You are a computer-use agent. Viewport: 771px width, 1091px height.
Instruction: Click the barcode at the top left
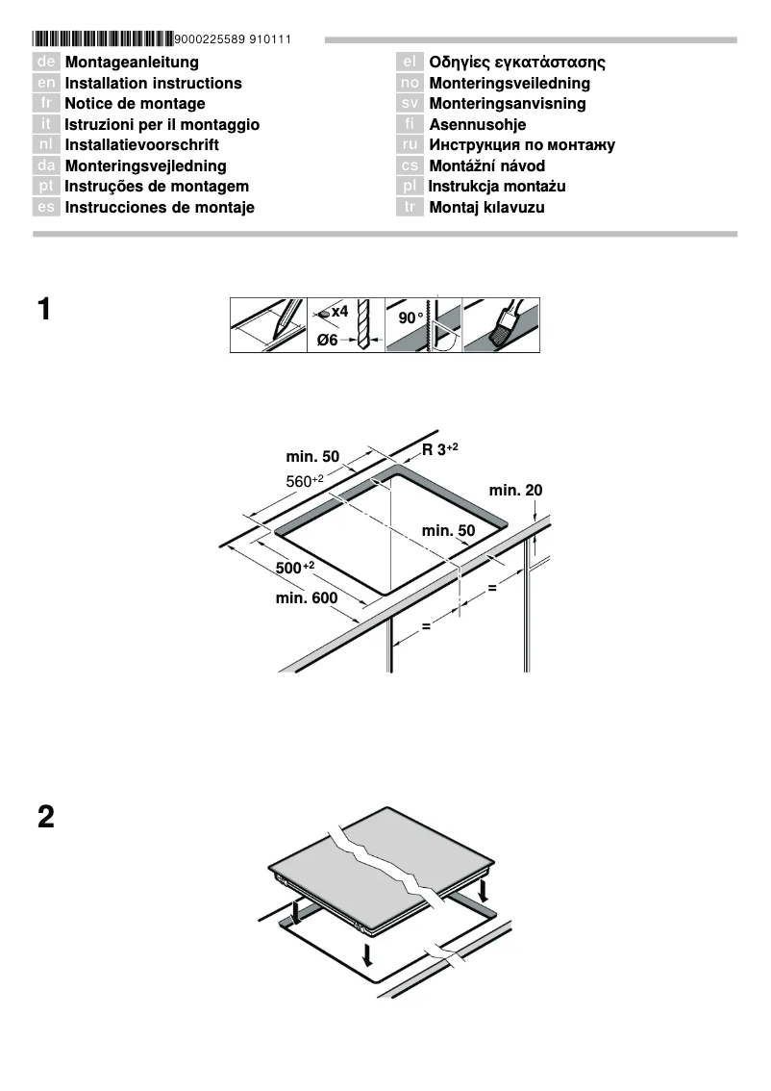(103, 39)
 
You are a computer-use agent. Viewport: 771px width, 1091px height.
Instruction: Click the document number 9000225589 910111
(233, 39)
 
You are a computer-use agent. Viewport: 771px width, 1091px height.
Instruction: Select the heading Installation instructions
(153, 84)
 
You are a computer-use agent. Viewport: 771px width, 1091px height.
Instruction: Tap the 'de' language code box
(46, 63)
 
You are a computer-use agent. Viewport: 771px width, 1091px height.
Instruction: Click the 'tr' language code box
(410, 207)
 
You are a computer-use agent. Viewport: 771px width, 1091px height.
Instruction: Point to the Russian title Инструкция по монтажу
(521, 145)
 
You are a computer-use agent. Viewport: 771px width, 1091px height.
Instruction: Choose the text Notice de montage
(135, 104)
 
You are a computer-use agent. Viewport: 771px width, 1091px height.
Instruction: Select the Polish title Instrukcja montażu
(497, 186)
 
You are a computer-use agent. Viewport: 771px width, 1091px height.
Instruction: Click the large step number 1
(45, 311)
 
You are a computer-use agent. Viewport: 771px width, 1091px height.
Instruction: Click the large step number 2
(45, 818)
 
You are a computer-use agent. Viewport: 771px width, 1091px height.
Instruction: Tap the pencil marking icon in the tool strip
(269, 325)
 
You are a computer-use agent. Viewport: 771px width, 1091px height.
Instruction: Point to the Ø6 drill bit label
(328, 341)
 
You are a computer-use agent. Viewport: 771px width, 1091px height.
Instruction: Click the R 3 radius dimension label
(439, 449)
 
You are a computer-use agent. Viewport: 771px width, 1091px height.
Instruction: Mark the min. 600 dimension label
(307, 598)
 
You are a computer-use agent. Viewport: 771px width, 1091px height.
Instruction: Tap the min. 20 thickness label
(515, 490)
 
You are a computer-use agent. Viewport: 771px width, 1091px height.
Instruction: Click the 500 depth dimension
(295, 568)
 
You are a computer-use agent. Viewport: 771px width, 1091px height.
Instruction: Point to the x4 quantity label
(338, 312)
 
